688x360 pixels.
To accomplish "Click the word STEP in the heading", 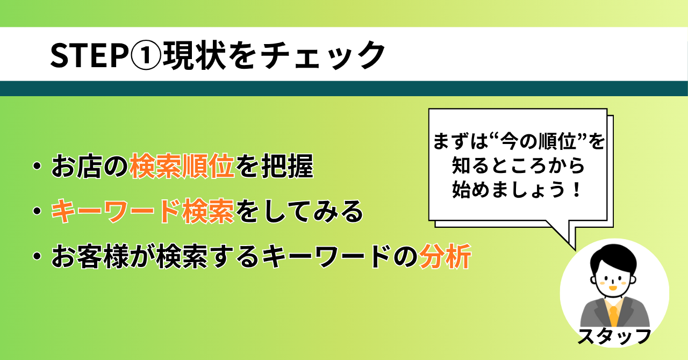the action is (89, 55).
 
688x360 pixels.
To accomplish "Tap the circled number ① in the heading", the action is (146, 55).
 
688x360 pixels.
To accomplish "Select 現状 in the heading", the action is (194, 55).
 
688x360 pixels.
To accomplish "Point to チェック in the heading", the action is (322, 56).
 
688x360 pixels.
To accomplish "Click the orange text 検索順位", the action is (182, 166).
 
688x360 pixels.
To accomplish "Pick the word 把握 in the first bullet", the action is (287, 166).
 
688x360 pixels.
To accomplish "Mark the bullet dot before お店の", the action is (37, 166).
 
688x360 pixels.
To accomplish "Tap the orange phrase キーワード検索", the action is (142, 211).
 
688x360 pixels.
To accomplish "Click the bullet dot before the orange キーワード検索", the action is (37, 211).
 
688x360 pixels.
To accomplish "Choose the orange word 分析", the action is (445, 256).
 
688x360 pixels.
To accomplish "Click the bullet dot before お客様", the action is (37, 256).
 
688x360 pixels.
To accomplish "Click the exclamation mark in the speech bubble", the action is (577, 189).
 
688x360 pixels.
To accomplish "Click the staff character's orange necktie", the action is (613, 316).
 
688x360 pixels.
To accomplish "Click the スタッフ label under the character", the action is (614, 336).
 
